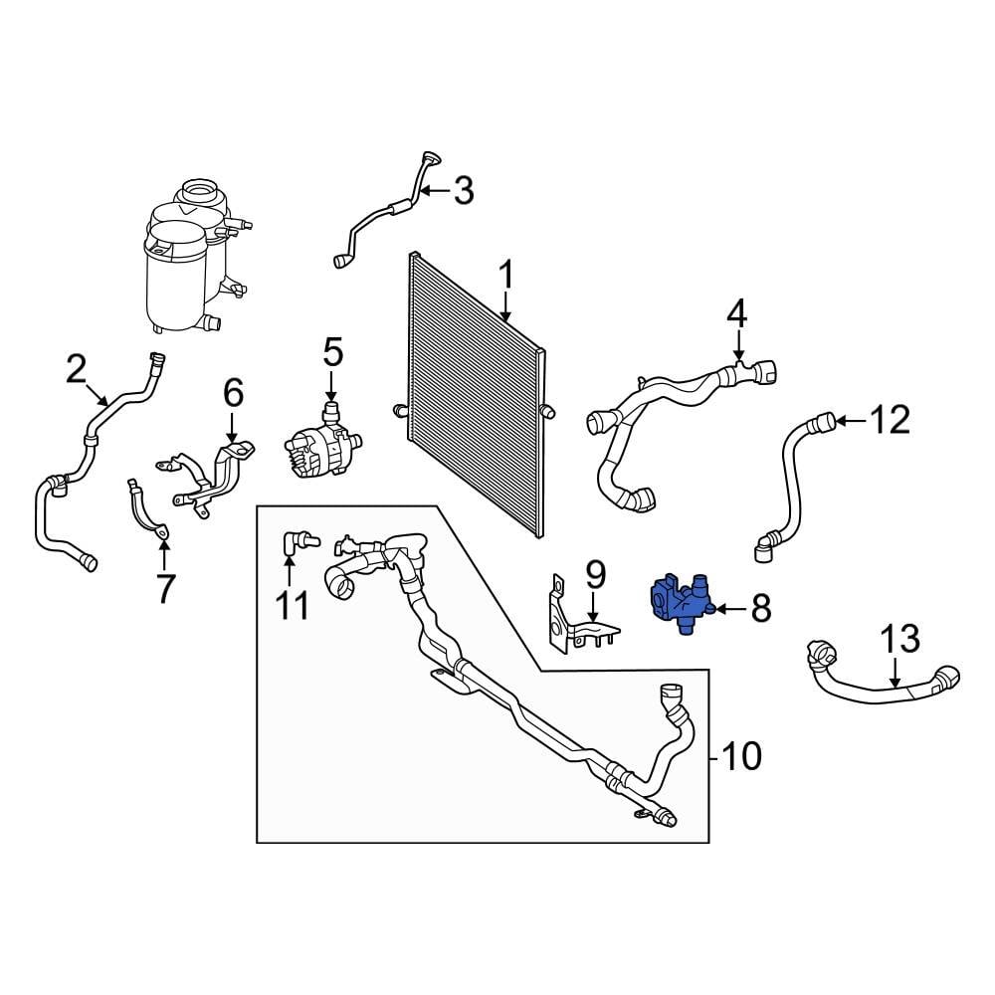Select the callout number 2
pos(77,370)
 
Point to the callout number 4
pos(736,314)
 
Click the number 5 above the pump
pos(332,352)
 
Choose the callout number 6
pos(233,394)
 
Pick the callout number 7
pos(164,588)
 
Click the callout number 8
pos(761,608)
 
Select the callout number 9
pos(595,574)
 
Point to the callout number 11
pos(293,604)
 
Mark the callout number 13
pos(898,639)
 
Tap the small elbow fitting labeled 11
pos(294,541)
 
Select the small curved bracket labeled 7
pos(146,510)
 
